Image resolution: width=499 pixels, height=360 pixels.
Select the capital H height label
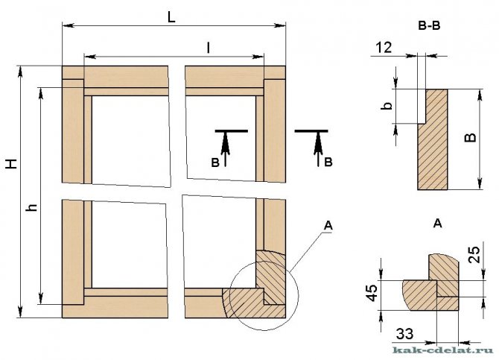pyautogui.click(x=10, y=165)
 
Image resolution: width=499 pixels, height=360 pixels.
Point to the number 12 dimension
pyautogui.click(x=384, y=47)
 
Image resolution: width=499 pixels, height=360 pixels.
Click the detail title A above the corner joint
pyautogui.click(x=436, y=222)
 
